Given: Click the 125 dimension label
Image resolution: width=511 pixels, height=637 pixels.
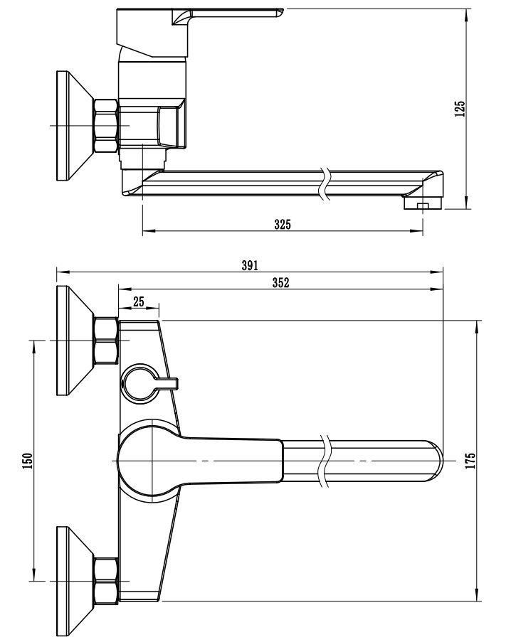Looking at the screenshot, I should click(x=460, y=108).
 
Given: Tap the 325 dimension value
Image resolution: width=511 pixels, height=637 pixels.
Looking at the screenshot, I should click(x=283, y=225).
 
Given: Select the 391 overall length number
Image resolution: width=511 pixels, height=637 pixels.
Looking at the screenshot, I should click(x=249, y=265).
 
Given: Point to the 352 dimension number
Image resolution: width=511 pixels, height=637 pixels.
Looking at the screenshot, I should click(x=280, y=282).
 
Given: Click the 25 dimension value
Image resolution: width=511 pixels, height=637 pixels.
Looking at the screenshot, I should click(x=138, y=301).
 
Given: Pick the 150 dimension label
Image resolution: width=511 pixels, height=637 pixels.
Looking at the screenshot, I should click(x=27, y=461).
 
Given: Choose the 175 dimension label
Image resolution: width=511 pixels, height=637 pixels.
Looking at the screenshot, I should click(x=470, y=461).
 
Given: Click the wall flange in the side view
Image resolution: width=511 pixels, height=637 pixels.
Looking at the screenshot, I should click(x=71, y=126).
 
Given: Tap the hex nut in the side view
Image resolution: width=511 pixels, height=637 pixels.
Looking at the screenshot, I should click(x=105, y=126).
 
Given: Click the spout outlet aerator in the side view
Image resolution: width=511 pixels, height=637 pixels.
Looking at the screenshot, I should click(x=423, y=205).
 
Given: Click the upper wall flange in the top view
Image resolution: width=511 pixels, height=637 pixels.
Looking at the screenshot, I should click(x=71, y=341).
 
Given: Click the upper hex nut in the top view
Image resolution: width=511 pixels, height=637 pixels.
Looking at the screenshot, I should click(x=105, y=341).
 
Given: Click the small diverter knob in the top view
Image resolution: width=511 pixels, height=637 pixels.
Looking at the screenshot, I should click(x=142, y=383).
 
